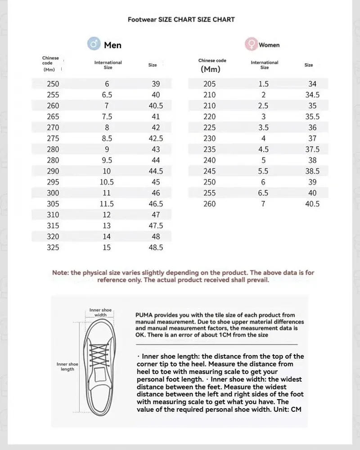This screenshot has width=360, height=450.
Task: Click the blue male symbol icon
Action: (x=94, y=44)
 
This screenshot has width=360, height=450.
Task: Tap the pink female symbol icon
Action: (x=251, y=44)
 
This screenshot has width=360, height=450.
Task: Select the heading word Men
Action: (x=112, y=45)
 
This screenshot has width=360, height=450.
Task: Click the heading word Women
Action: (x=269, y=45)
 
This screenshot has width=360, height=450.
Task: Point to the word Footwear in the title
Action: (x=142, y=19)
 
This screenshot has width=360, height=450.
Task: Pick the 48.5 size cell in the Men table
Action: (x=156, y=247)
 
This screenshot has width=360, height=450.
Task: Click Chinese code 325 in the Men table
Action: (x=53, y=247)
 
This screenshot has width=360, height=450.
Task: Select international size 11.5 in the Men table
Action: (x=107, y=204)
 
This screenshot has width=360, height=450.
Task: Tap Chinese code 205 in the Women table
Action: (x=209, y=84)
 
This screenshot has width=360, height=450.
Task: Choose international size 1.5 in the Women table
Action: (x=263, y=84)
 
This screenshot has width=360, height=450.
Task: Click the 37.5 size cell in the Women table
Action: (x=312, y=149)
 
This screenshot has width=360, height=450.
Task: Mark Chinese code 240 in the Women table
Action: (x=209, y=160)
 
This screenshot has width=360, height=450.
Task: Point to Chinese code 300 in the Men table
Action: (x=53, y=193)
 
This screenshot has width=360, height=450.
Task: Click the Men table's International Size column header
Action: (x=108, y=65)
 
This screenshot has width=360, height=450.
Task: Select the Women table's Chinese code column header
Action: (x=212, y=65)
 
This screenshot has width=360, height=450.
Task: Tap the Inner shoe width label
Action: (x=100, y=312)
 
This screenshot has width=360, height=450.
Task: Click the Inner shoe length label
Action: (x=67, y=366)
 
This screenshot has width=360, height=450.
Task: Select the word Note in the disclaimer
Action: (x=60, y=273)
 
